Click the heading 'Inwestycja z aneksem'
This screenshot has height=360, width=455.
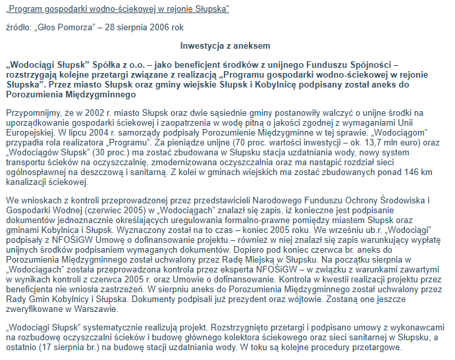(225, 45)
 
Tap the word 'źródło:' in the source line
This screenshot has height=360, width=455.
(18, 28)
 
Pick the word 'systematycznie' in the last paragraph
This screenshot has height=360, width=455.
(130, 327)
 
